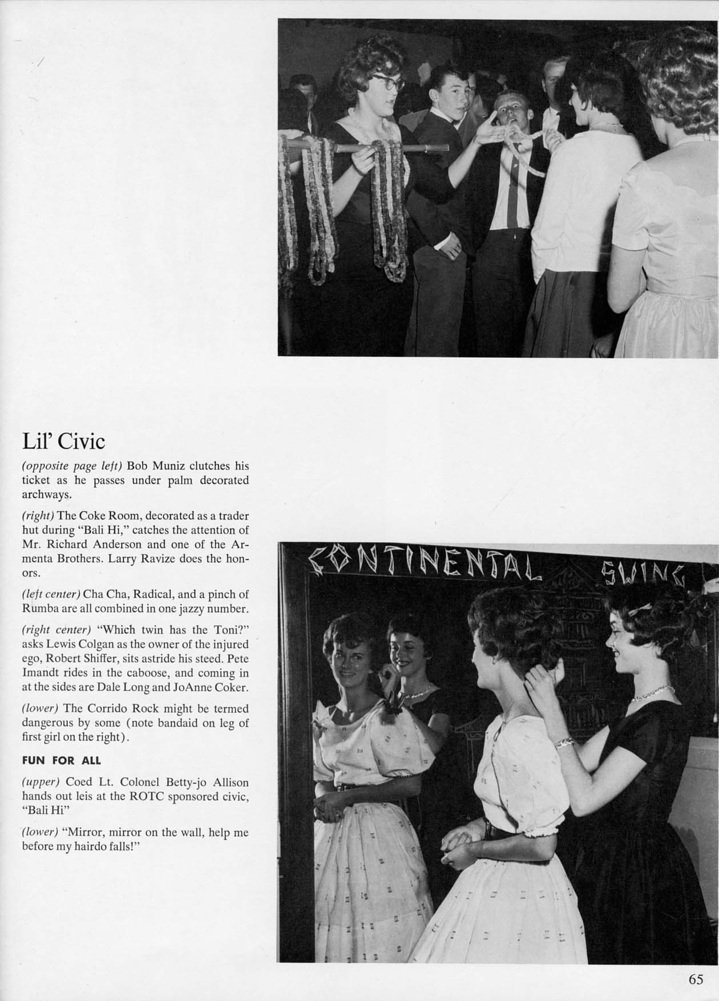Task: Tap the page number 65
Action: point(696,980)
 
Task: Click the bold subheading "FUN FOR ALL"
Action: point(61,760)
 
